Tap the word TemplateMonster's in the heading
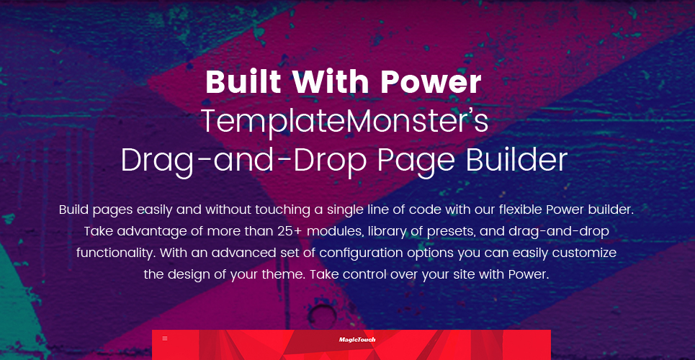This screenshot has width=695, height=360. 345,122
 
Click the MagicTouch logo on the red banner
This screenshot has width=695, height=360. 357,340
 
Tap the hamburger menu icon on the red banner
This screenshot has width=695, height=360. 165,338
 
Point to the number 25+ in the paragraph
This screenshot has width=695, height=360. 290,231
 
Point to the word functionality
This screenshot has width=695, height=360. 116,253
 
